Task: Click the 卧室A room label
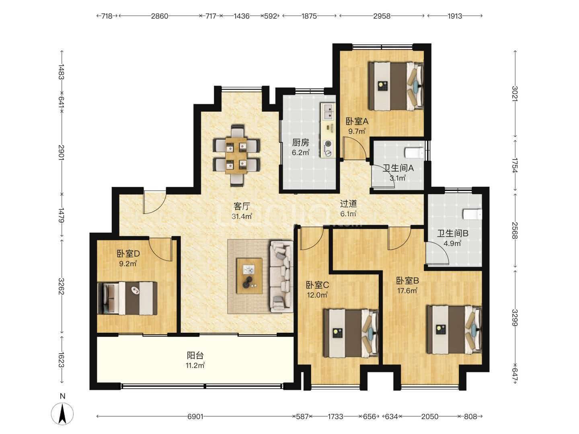tap(357, 121)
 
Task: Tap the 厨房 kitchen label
tap(300, 143)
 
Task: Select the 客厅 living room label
tap(242, 206)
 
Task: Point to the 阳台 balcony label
tap(195, 356)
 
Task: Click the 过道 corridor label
tap(348, 204)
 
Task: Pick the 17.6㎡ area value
tap(407, 291)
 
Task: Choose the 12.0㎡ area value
tap(317, 295)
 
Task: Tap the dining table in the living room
tap(236, 156)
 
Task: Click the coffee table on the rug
tap(249, 276)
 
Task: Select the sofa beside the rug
tap(281, 276)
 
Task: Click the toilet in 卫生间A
tap(414, 153)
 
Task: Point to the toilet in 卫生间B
tap(472, 214)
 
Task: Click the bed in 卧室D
tap(127, 298)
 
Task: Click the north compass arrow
tap(62, 414)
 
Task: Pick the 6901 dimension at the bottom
tap(195, 416)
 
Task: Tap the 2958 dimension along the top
tap(382, 16)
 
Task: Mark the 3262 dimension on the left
tap(61, 286)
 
